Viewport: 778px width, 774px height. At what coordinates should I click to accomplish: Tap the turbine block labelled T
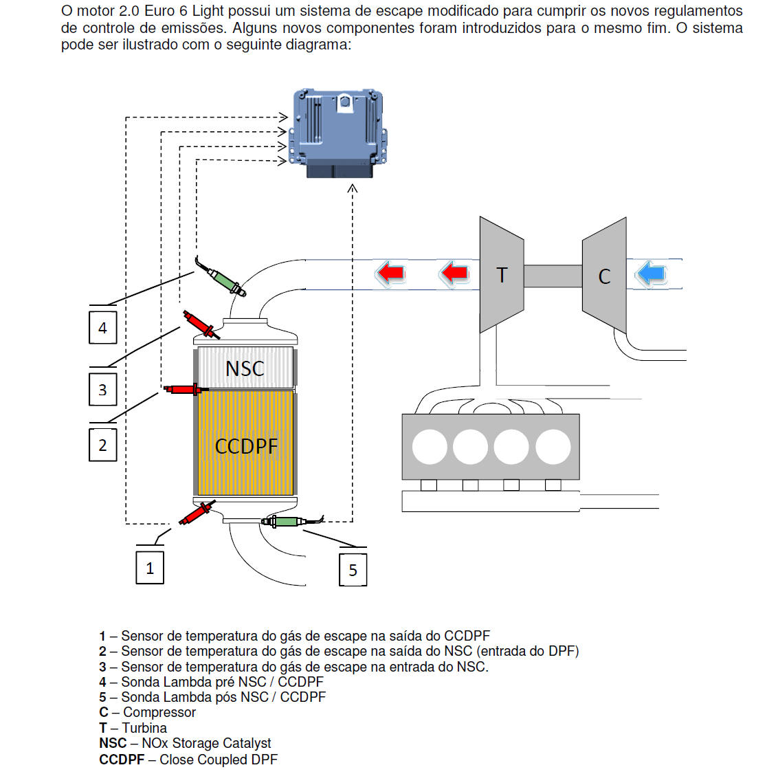click(x=502, y=275)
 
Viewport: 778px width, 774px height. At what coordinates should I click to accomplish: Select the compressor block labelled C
click(x=604, y=276)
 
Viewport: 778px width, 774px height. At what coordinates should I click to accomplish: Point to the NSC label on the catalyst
click(x=245, y=368)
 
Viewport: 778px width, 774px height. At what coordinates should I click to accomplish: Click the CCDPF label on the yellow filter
click(x=246, y=446)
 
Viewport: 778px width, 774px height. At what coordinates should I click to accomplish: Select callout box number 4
click(x=103, y=328)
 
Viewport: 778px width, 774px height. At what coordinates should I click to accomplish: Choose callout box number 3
click(x=103, y=390)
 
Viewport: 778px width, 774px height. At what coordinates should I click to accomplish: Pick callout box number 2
click(x=103, y=445)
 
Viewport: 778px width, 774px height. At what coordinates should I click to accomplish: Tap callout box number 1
click(x=150, y=568)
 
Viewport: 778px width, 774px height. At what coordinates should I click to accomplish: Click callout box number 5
click(x=353, y=570)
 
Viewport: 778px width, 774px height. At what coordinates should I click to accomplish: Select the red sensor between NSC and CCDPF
click(x=183, y=390)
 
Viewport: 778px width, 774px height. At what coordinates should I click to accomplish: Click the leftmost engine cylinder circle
click(x=430, y=447)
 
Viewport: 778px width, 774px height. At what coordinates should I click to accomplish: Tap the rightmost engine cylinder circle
click(x=553, y=447)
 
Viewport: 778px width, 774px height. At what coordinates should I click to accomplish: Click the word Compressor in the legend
click(x=159, y=713)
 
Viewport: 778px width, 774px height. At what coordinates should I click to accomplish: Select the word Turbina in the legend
click(x=144, y=728)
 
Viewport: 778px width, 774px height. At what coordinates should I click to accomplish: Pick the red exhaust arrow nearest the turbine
click(x=454, y=273)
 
